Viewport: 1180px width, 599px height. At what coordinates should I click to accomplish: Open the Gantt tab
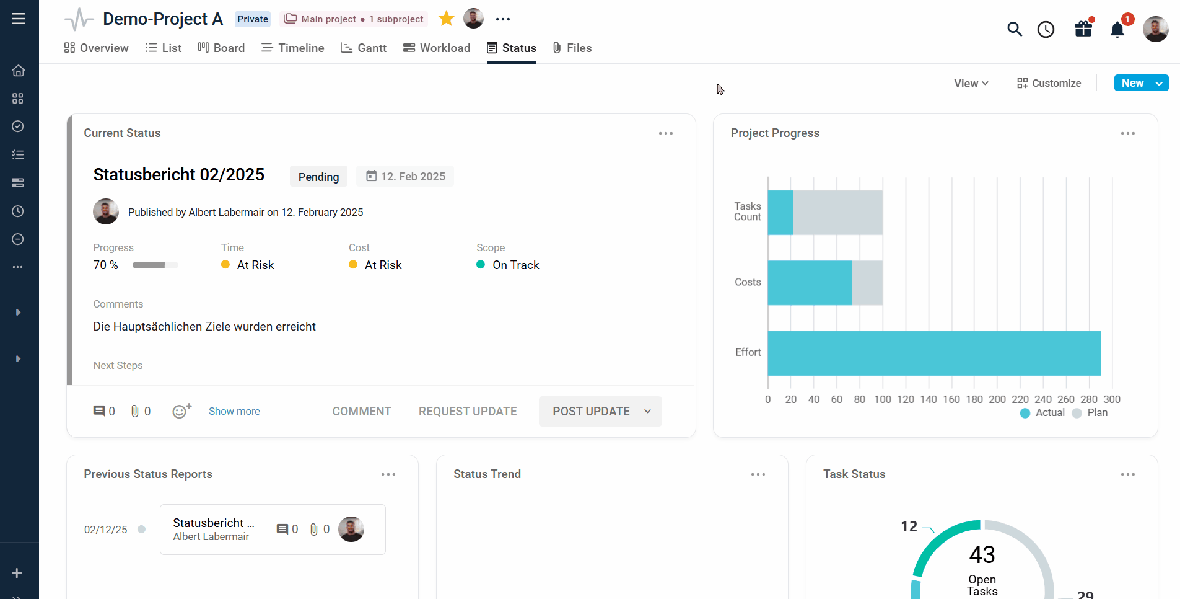[x=364, y=48]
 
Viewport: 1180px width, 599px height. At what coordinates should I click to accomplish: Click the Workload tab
[x=437, y=48]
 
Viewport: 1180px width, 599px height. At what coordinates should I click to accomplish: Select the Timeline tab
[x=293, y=48]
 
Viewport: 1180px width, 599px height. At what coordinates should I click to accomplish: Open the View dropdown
[x=971, y=83]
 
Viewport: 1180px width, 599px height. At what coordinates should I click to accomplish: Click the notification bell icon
[x=1117, y=30]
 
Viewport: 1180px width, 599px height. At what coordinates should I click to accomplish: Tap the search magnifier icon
[x=1014, y=29]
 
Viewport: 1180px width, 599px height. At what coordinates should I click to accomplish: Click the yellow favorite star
[x=446, y=19]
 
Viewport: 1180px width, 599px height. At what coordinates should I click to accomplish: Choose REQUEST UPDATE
[x=468, y=411]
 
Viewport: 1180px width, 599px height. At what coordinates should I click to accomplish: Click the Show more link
[x=234, y=411]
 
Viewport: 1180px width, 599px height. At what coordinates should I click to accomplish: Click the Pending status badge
[x=318, y=177]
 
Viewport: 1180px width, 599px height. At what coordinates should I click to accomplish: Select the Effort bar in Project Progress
[x=934, y=353]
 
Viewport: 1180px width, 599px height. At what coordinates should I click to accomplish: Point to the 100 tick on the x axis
[x=883, y=399]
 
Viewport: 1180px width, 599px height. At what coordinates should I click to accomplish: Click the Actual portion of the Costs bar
[x=810, y=283]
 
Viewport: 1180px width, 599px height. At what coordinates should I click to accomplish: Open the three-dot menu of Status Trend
[x=758, y=474]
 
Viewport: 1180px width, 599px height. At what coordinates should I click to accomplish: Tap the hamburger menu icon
[x=19, y=19]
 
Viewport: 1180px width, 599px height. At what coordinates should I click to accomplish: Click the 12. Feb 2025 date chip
[x=405, y=177]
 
